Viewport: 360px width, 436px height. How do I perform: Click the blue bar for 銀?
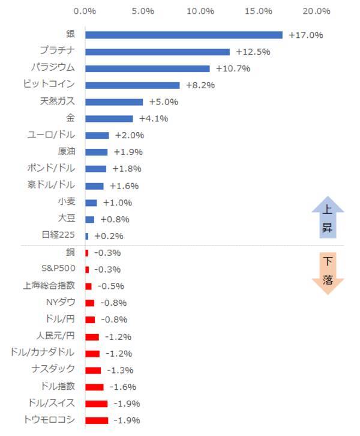[184, 35]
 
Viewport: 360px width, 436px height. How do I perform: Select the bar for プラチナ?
[157, 52]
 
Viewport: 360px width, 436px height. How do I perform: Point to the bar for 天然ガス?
[114, 102]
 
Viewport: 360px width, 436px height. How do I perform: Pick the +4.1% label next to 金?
[154, 119]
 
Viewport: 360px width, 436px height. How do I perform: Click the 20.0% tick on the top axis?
[317, 11]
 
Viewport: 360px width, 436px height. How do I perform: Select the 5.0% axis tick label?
[142, 11]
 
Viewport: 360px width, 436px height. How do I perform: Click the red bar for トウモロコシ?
[97, 420]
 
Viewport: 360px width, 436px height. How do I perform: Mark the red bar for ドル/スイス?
[97, 404]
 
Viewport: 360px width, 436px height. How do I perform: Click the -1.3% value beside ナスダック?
[120, 370]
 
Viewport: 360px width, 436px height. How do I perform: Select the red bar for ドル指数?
[94, 387]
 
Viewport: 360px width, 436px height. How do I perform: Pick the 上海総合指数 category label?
[50, 285]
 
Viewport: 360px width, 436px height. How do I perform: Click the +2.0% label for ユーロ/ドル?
[130, 136]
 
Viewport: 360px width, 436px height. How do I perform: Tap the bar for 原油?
[96, 152]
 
